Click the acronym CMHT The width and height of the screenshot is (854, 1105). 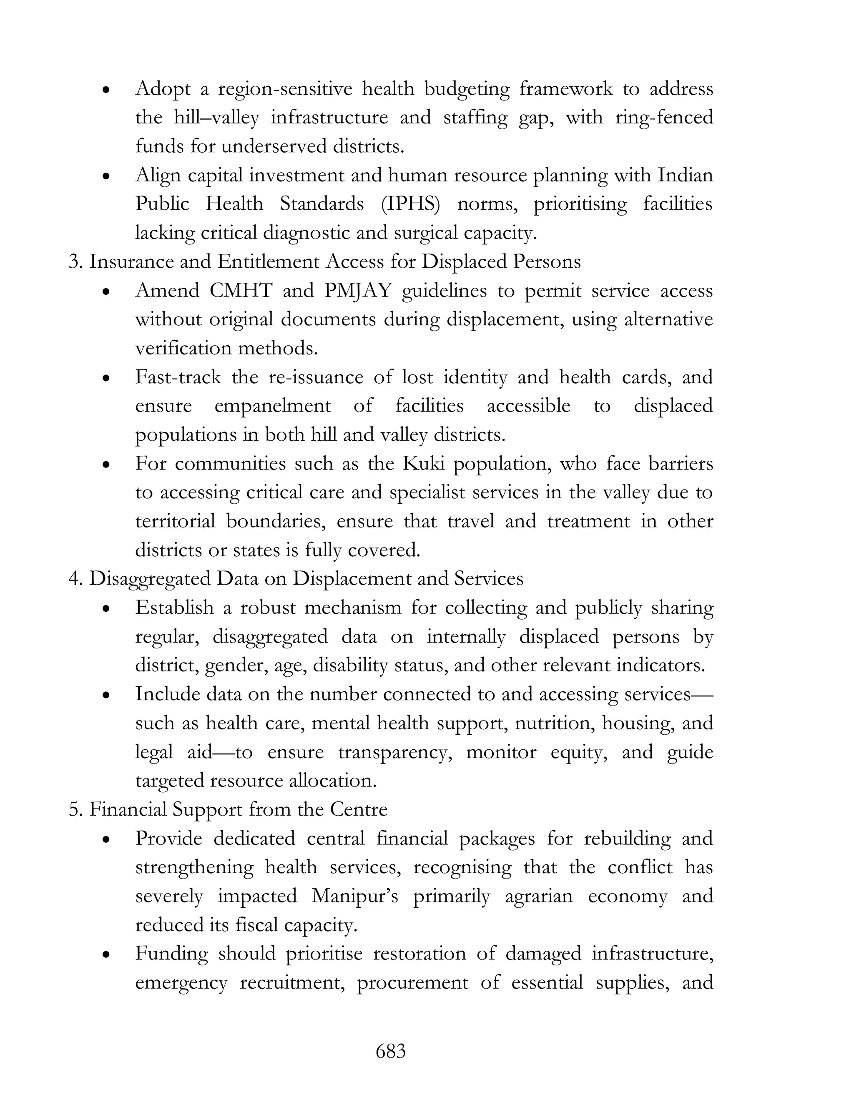pos(240,291)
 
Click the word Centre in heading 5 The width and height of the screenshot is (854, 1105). pos(359,809)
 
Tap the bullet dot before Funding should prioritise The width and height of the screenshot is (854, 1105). pos(106,955)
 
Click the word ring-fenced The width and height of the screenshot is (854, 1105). pos(664,118)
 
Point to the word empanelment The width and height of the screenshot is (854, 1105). pos(273,406)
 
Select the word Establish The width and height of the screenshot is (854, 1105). pos(175,607)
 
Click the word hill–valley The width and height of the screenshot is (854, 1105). pos(216,118)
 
